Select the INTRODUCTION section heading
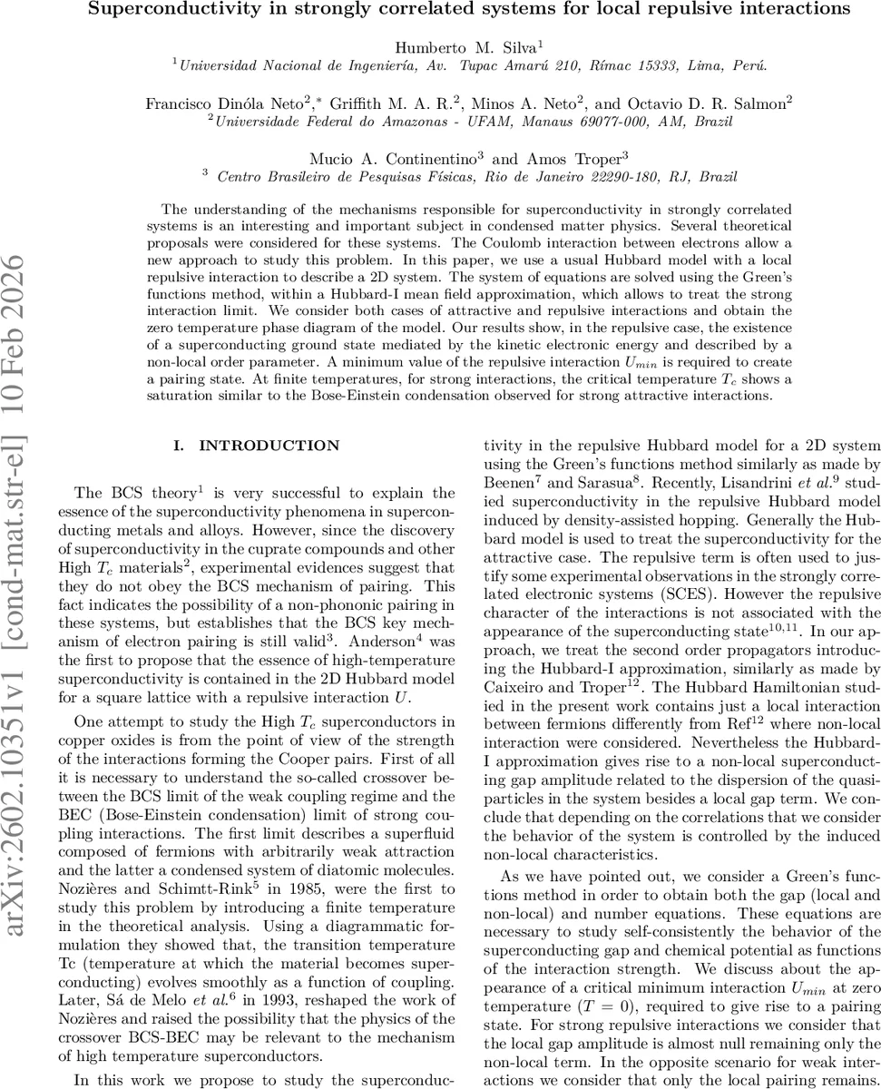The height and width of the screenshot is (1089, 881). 269,446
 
